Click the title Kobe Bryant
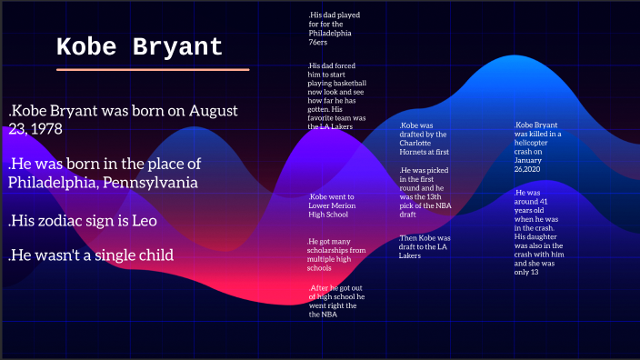[x=139, y=47]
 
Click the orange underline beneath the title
[x=152, y=69]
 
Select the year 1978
[x=45, y=129]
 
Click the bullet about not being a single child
[x=91, y=255]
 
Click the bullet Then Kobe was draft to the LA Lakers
[x=425, y=246]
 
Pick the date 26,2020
[x=528, y=169]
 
